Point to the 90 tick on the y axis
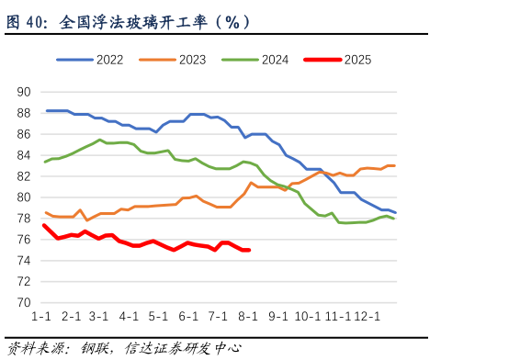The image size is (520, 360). point(25,92)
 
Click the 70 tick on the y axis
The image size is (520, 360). point(25,303)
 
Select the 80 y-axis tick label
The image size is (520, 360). point(25,197)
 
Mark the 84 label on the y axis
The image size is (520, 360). point(25,155)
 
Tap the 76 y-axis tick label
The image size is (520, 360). point(25,240)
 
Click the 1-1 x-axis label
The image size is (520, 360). point(41,317)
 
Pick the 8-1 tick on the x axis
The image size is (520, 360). point(248,317)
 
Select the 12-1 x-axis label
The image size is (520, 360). point(367,317)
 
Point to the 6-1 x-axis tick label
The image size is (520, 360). point(188,317)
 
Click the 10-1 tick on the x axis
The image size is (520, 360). point(308,317)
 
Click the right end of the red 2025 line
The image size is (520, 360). point(249,250)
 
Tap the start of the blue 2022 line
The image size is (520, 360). point(47,110)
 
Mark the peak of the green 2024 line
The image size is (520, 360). point(100,140)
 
